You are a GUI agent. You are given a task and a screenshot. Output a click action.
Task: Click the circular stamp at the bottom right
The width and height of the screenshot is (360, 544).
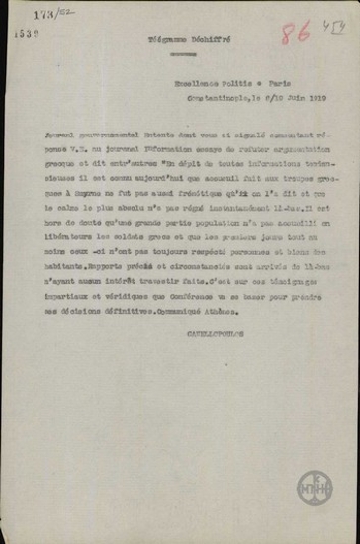coord(310,484)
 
